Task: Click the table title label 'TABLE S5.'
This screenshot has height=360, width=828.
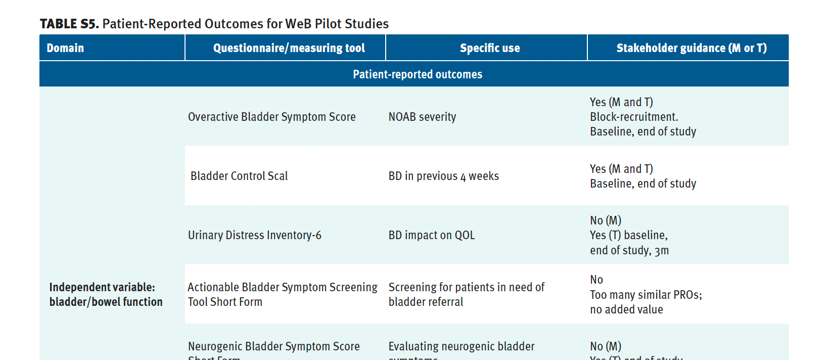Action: click(x=69, y=24)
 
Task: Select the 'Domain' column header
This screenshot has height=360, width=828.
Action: click(x=65, y=48)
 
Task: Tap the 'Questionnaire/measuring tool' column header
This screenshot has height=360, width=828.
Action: click(x=289, y=48)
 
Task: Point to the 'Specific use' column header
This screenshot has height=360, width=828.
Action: click(x=489, y=48)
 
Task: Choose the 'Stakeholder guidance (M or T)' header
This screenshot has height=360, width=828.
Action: click(x=691, y=48)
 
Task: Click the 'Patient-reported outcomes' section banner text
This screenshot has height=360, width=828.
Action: click(x=417, y=74)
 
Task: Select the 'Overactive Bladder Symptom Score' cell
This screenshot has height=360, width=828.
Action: click(x=271, y=117)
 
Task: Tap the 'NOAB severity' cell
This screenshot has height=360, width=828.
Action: click(x=422, y=117)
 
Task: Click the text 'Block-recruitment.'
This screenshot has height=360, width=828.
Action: click(x=634, y=117)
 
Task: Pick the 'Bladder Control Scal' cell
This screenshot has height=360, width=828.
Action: click(x=239, y=176)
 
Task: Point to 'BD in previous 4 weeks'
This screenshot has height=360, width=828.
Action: click(x=443, y=176)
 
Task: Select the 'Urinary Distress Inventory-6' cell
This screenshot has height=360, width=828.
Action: click(x=254, y=235)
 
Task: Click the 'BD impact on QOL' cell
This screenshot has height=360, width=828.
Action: click(x=431, y=235)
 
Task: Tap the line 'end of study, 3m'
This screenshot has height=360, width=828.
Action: click(x=629, y=250)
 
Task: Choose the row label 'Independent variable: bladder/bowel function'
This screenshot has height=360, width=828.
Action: click(x=106, y=294)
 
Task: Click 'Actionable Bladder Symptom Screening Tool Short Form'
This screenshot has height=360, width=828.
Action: click(x=282, y=294)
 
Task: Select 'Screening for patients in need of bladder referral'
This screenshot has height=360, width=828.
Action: click(x=466, y=294)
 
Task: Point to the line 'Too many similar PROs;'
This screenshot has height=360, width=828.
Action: click(x=646, y=295)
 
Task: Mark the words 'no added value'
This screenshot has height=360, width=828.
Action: click(x=626, y=309)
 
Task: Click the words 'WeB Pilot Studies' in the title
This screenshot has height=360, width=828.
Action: click(x=337, y=24)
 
